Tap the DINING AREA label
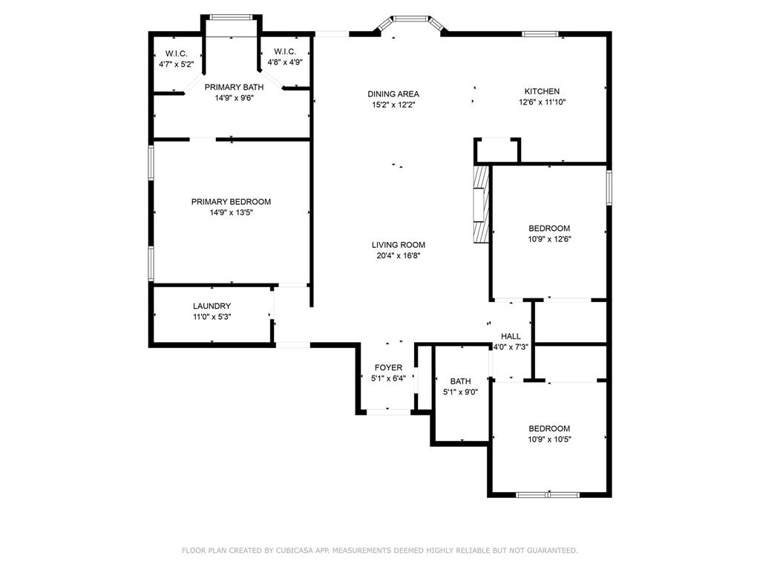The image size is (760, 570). [x=393, y=94]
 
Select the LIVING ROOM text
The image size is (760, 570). [x=399, y=245]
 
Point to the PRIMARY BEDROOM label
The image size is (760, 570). [x=231, y=202]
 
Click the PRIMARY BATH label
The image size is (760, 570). [x=234, y=88]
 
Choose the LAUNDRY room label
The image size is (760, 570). [x=212, y=306]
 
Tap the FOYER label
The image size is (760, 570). [x=388, y=367]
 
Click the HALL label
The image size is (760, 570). [x=511, y=336]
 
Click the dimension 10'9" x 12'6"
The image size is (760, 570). [x=549, y=239]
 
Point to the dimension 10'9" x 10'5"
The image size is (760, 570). [x=549, y=439]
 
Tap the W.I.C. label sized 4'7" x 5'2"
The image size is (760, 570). [x=176, y=65]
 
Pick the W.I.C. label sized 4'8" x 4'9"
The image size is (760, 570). [x=285, y=62]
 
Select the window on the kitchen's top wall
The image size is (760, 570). [x=540, y=33]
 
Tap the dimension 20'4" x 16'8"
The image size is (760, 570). [x=399, y=256]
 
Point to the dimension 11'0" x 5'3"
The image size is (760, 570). [x=212, y=317]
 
